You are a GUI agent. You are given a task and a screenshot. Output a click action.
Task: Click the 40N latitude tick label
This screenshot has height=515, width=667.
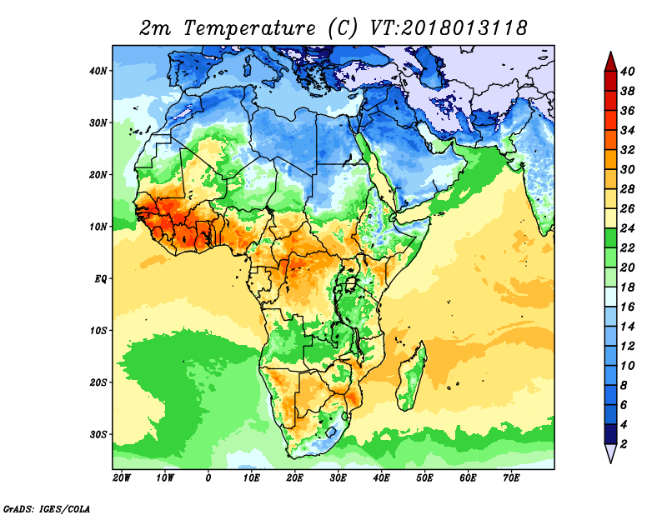click(98, 71)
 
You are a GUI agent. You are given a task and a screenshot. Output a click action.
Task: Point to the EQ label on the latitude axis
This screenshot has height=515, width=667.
click(99, 278)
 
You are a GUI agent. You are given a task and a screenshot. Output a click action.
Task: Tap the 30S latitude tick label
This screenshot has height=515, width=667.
click(98, 434)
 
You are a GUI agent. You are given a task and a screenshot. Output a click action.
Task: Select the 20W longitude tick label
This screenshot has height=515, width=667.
click(122, 478)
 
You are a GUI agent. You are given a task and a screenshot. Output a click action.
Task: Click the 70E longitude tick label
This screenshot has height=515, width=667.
click(512, 478)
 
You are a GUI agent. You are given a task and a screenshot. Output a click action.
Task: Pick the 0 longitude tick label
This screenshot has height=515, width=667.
click(208, 478)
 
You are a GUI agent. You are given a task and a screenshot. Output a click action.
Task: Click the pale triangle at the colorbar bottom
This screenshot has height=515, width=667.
click(609, 453)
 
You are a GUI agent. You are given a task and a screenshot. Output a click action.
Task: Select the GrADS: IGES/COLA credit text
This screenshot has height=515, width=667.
click(46, 507)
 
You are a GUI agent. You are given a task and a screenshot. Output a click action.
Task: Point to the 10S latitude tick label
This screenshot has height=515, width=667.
click(98, 330)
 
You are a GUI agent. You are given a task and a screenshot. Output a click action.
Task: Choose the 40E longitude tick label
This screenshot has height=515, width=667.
click(382, 478)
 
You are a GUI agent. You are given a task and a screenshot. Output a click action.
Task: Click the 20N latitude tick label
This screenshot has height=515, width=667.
click(98, 175)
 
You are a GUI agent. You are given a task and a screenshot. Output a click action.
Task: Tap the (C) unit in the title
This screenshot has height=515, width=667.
click(343, 27)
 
